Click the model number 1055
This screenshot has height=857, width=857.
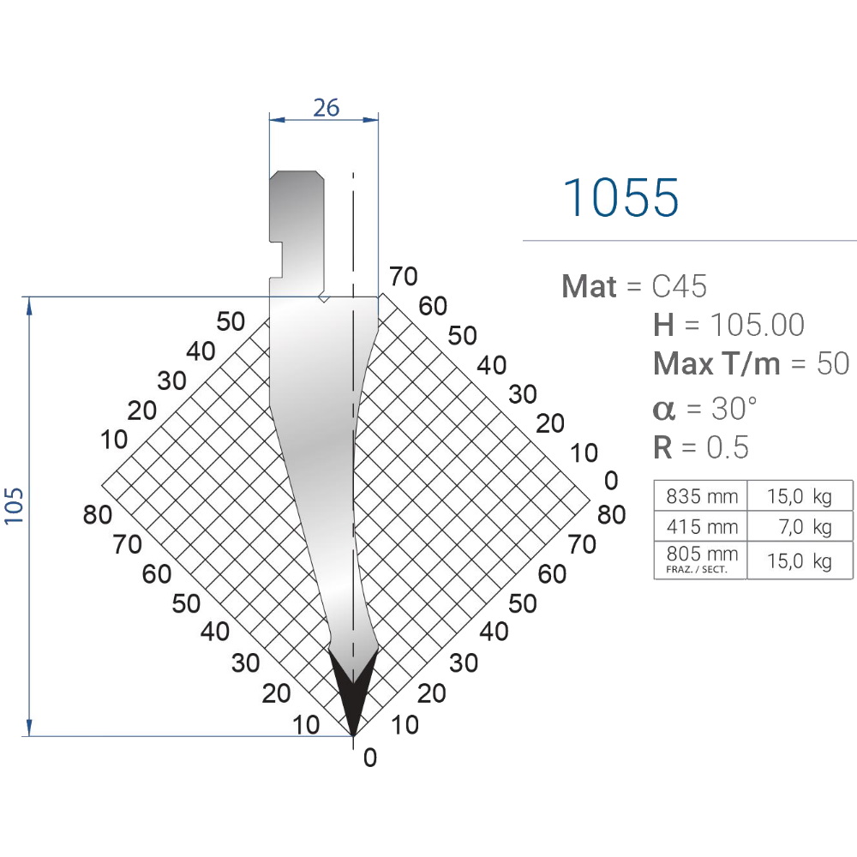click(620, 197)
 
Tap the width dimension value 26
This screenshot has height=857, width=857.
click(327, 108)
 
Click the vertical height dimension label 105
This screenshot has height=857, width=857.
click(14, 506)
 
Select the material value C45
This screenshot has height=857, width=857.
click(679, 286)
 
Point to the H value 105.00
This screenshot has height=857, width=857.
click(757, 325)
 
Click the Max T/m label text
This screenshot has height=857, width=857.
click(716, 363)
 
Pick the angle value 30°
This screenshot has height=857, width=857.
click(734, 408)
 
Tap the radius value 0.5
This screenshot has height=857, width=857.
click(728, 447)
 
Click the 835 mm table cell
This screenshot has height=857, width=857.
click(701, 495)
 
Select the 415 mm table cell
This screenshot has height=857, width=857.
click(701, 526)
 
